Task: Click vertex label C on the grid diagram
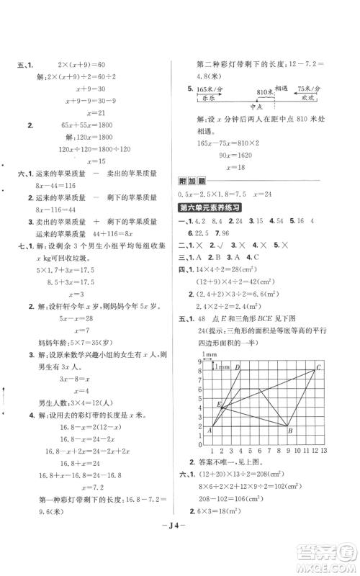pos(319,369)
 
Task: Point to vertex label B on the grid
pos(289,431)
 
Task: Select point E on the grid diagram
pos(218,405)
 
